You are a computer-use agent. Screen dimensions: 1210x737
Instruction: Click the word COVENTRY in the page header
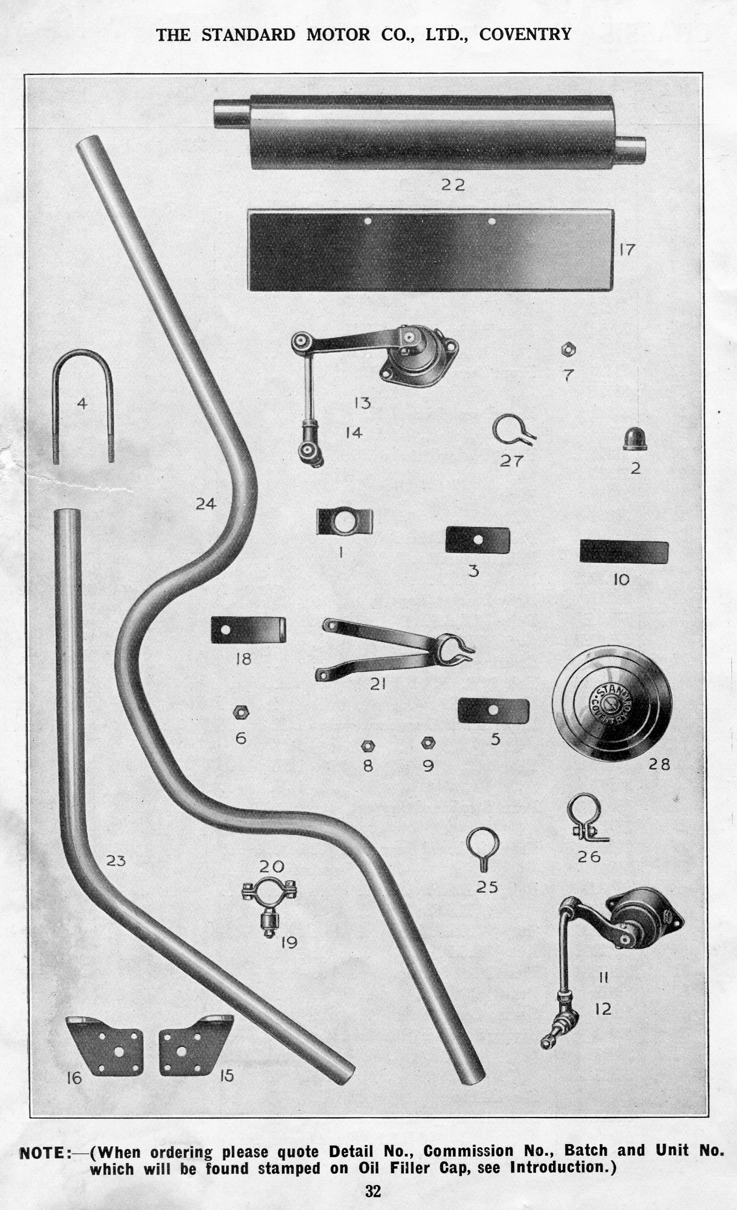click(525, 34)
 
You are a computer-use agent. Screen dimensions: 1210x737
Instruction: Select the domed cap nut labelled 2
click(635, 439)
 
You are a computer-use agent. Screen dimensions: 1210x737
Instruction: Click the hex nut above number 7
click(568, 350)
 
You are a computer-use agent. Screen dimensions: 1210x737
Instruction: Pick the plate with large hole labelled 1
click(344, 522)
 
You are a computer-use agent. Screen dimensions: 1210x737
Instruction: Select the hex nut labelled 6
click(241, 713)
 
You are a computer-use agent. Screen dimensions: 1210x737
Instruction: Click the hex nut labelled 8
click(368, 746)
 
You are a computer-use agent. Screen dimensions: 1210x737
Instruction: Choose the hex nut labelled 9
click(428, 743)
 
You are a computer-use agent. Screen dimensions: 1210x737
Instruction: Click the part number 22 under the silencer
click(452, 185)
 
